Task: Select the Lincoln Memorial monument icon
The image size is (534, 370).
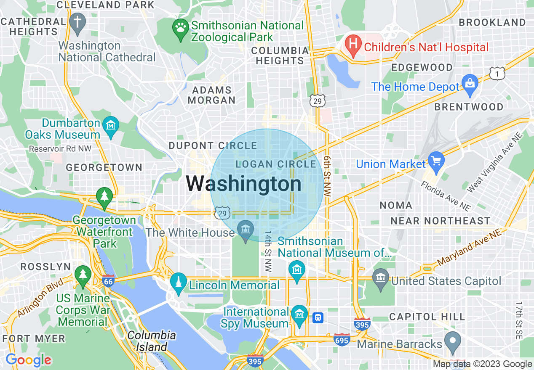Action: click(x=179, y=283)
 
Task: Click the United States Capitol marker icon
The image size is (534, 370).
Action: click(x=381, y=279)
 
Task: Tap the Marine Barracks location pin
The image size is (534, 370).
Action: click(x=453, y=341)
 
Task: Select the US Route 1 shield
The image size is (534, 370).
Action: click(x=497, y=73)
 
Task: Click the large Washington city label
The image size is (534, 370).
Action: click(x=244, y=184)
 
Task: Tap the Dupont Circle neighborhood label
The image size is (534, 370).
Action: click(x=213, y=146)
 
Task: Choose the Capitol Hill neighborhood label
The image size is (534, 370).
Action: click(x=427, y=317)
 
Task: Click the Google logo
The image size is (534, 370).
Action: click(x=28, y=360)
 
